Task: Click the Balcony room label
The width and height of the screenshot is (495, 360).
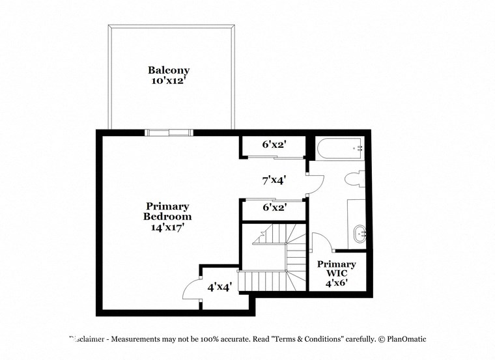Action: pyautogui.click(x=169, y=70)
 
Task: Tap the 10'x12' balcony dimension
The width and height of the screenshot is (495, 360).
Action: pyautogui.click(x=169, y=81)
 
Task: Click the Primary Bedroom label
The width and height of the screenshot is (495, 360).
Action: pyautogui.click(x=168, y=212)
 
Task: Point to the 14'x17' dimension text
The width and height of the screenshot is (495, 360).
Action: pyautogui.click(x=168, y=227)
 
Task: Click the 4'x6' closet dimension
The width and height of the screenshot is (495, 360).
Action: pyautogui.click(x=337, y=283)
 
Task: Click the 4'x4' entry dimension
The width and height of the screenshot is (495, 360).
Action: pyautogui.click(x=220, y=286)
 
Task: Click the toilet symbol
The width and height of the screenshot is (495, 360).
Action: pyautogui.click(x=356, y=178)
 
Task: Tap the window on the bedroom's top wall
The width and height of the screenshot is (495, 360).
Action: pyautogui.click(x=169, y=133)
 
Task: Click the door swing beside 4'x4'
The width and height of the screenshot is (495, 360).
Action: pyautogui.click(x=191, y=287)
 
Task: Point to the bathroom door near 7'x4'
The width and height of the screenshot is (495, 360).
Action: pyautogui.click(x=313, y=184)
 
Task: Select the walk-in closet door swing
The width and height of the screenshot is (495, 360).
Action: pyautogui.click(x=322, y=242)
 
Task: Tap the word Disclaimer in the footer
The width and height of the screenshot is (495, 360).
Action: pyautogui.click(x=87, y=339)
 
